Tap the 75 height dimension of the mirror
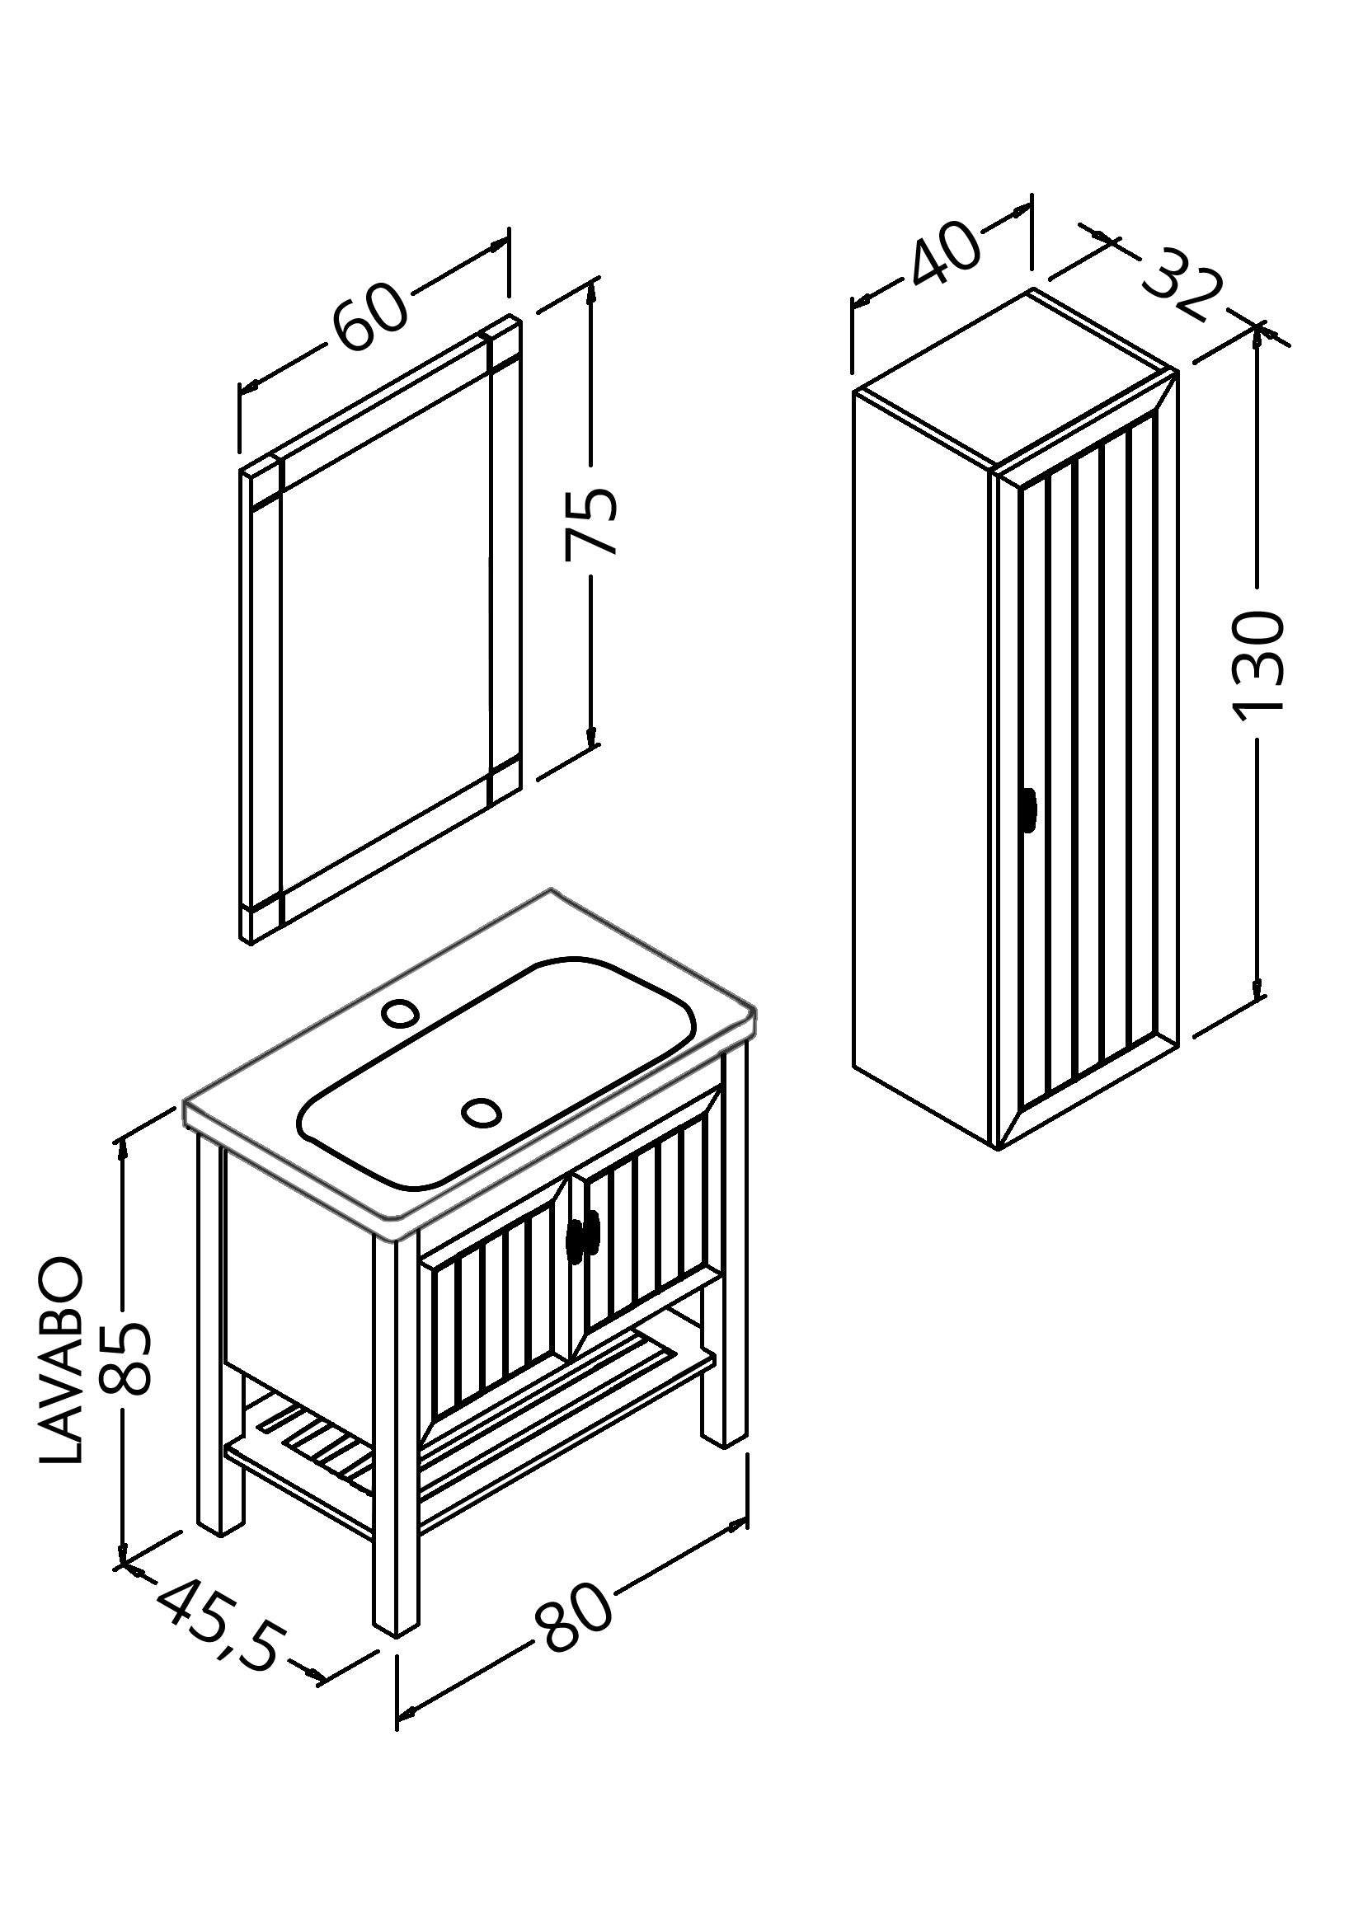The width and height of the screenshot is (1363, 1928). [x=591, y=523]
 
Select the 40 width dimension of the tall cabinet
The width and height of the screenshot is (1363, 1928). [x=945, y=254]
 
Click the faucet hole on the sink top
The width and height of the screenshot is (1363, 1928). [x=401, y=1013]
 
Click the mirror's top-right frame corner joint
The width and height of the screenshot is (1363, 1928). [x=504, y=345]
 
